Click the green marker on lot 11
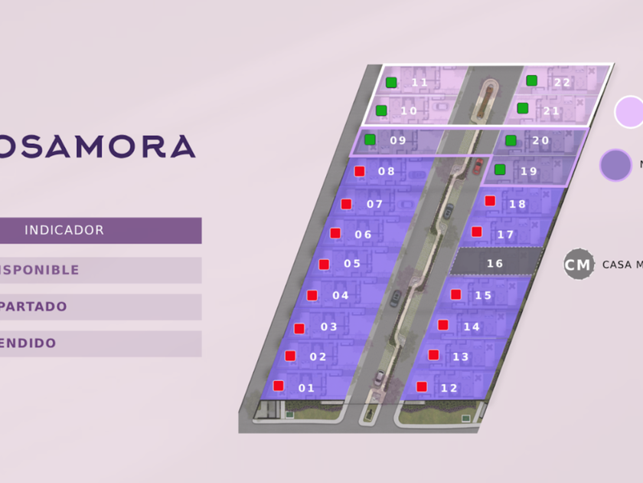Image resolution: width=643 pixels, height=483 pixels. (x=391, y=82)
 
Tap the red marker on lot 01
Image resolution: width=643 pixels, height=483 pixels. (x=279, y=386)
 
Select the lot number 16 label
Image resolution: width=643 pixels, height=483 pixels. (x=495, y=264)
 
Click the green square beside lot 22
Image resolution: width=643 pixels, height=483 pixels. (x=531, y=80)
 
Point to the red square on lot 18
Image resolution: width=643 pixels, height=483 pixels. (x=490, y=201)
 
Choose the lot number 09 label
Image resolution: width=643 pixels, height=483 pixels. (x=398, y=140)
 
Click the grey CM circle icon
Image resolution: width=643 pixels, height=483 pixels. (x=579, y=264)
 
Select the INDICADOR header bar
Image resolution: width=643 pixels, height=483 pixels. (x=100, y=230)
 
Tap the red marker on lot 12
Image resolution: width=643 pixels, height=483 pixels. (x=421, y=386)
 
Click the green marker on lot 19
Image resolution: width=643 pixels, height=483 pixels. (x=500, y=169)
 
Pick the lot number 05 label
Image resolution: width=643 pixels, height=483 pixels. (x=352, y=264)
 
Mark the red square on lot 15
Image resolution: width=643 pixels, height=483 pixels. (x=456, y=294)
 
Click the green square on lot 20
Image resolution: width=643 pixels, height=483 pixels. (x=511, y=140)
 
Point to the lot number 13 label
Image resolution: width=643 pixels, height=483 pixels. (x=461, y=357)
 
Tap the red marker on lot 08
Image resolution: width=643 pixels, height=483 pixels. (x=359, y=171)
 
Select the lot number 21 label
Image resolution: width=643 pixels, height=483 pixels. (x=552, y=111)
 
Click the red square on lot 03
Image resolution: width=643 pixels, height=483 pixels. (x=299, y=328)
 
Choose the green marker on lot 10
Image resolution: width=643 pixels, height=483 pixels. (x=381, y=110)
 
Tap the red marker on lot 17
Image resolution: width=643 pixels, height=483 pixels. (x=476, y=232)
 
